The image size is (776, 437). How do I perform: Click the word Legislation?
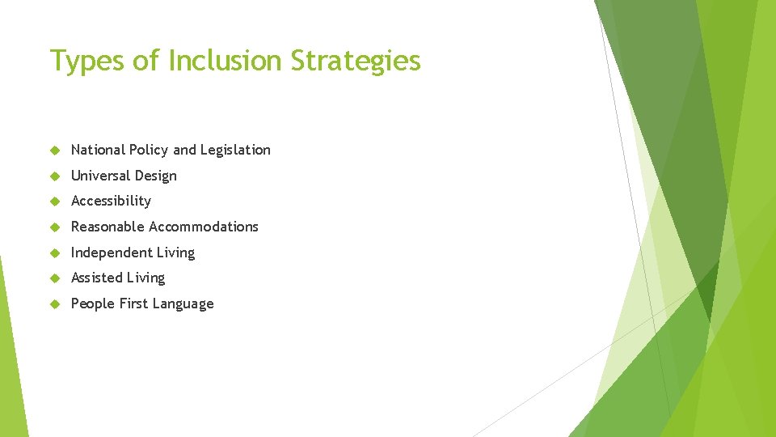pyautogui.click(x=235, y=150)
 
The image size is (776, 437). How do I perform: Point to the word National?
pyautogui.click(x=98, y=150)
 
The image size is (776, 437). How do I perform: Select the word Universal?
pyautogui.click(x=100, y=176)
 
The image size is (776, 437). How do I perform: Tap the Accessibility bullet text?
pyautogui.click(x=111, y=201)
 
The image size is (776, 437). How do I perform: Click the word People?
pyautogui.click(x=91, y=303)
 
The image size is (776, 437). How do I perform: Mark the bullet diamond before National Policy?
pyautogui.click(x=55, y=151)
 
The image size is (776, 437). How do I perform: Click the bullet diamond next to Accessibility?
pyautogui.click(x=55, y=202)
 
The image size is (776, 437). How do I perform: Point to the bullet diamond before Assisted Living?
pyautogui.click(x=55, y=278)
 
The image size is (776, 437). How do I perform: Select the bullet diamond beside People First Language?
pyautogui.click(x=55, y=304)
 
